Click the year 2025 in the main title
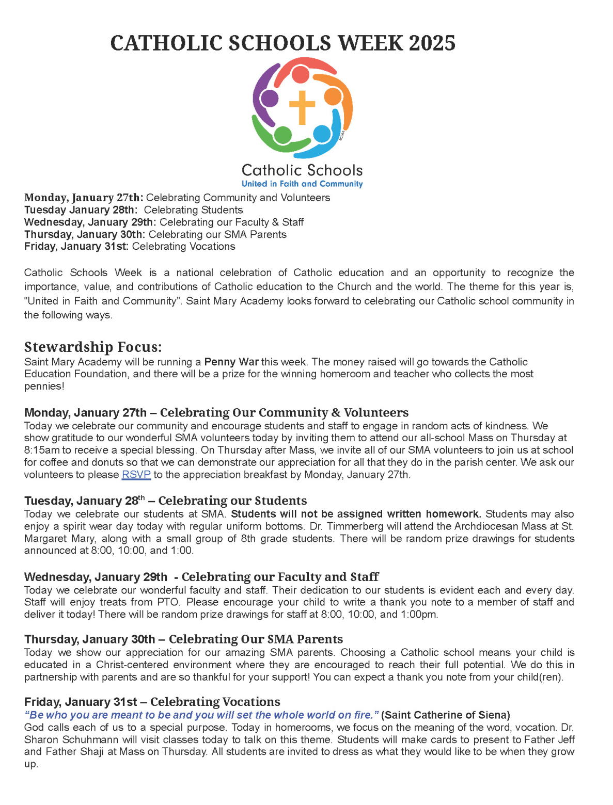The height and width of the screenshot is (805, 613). tap(432, 43)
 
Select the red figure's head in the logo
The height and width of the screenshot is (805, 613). tap(301, 75)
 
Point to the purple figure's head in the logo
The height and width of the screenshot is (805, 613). tap(269, 98)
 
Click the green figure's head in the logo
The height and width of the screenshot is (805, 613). tap(282, 135)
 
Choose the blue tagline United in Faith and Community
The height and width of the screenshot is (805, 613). tap(302, 184)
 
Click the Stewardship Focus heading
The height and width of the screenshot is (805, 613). tap(93, 347)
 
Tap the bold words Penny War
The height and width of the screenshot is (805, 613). tap(231, 362)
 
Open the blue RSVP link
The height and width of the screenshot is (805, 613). tap(136, 475)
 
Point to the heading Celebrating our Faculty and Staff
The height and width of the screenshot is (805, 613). tap(280, 576)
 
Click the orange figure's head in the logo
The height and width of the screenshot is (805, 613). tap(333, 96)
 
